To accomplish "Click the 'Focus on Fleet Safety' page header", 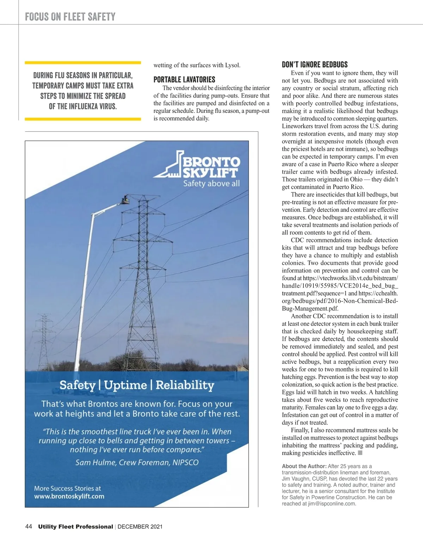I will click(x=70, y=17).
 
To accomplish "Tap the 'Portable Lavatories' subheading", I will click(x=184, y=80).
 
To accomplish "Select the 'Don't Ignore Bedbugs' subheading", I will click(x=314, y=64).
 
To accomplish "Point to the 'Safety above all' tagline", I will click(x=211, y=183).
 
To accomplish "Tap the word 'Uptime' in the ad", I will click(x=125, y=385).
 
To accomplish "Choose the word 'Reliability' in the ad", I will click(x=185, y=385).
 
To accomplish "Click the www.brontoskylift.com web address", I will click(x=69, y=496).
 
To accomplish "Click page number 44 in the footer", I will click(x=29, y=527).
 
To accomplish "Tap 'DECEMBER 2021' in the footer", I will click(x=140, y=527).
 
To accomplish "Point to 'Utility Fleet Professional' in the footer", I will click(x=75, y=527).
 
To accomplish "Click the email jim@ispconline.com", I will click(x=331, y=504).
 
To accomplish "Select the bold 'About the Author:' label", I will click(x=304, y=466).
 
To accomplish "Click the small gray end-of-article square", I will click(x=360, y=453).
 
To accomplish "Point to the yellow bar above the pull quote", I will click(x=83, y=63).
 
